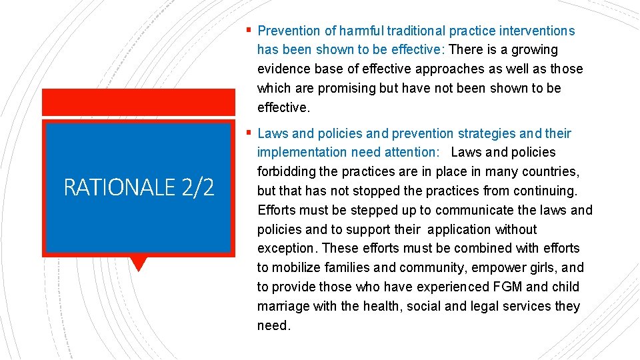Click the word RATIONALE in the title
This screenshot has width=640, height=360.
pyautogui.click(x=117, y=188)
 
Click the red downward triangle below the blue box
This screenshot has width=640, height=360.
pyautogui.click(x=139, y=263)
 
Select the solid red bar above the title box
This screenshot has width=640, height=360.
pyautogui.click(x=139, y=102)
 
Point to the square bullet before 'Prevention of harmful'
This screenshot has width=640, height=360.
pyautogui.click(x=249, y=29)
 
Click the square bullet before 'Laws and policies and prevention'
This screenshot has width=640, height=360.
pyautogui.click(x=249, y=132)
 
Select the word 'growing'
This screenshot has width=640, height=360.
pyautogui.click(x=535, y=50)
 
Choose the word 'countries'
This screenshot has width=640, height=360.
pyautogui.click(x=552, y=172)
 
